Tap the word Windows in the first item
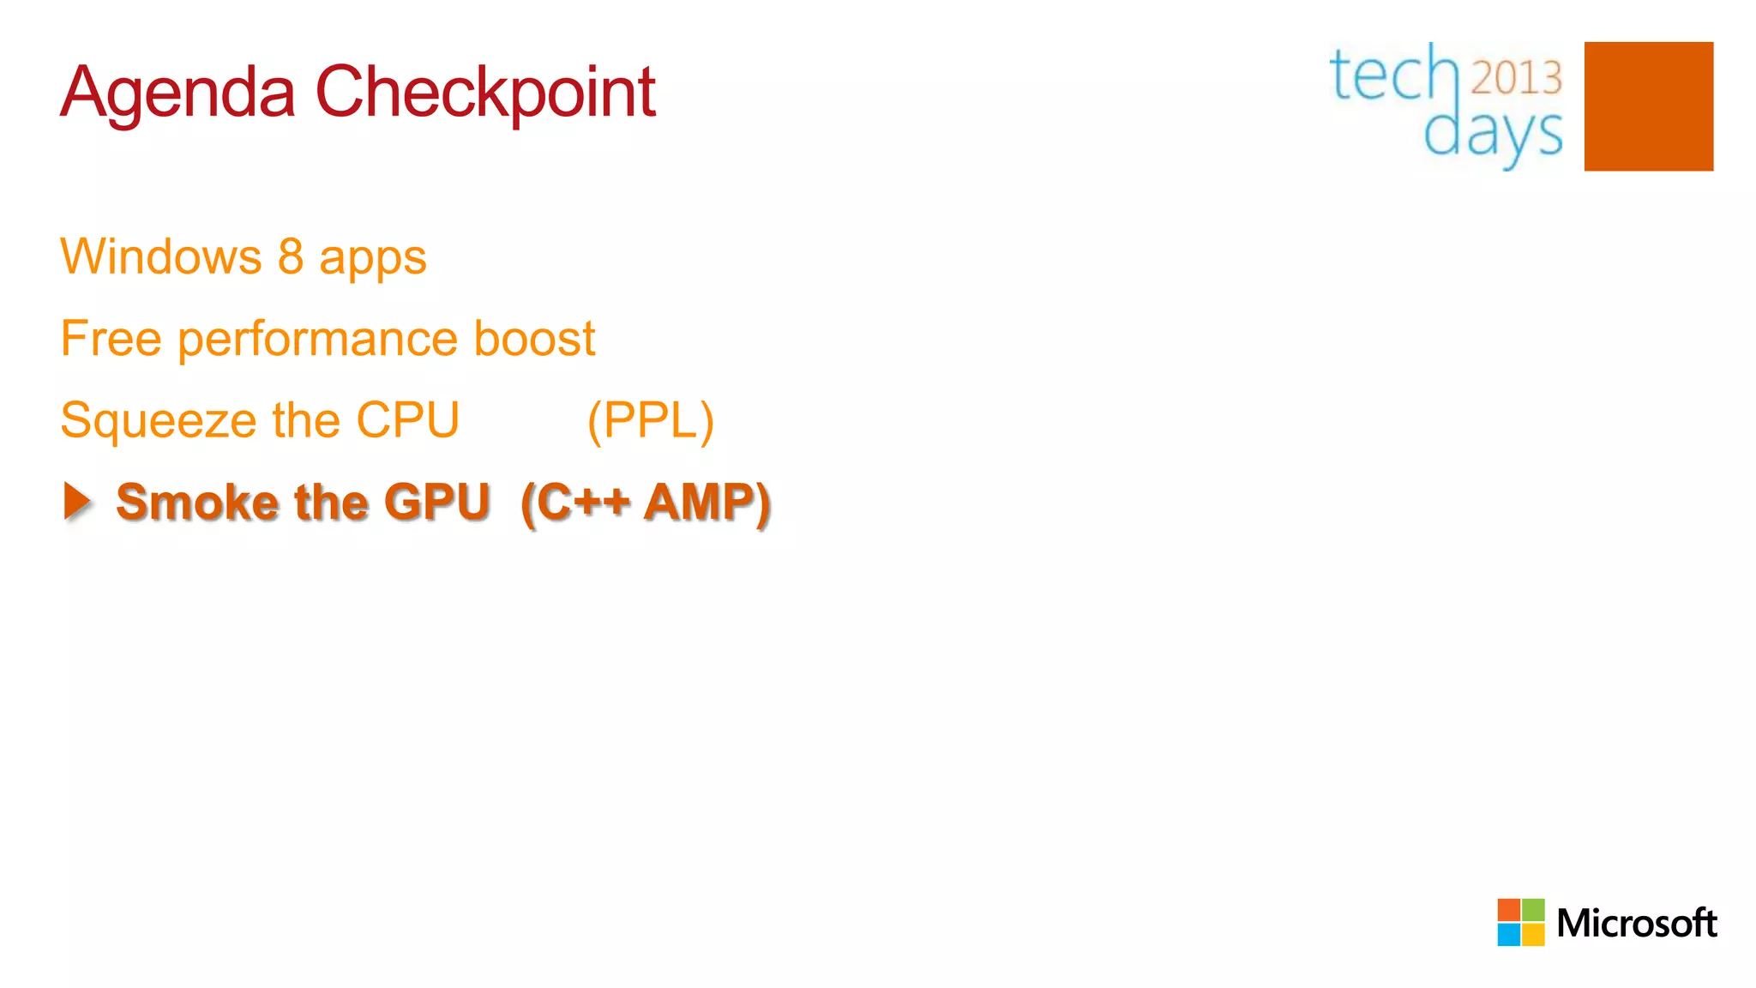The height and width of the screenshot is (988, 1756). click(161, 256)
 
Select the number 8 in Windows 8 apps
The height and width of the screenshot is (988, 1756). click(291, 256)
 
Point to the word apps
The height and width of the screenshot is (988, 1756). click(373, 259)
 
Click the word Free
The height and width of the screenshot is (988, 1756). click(111, 338)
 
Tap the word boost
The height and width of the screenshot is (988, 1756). click(534, 338)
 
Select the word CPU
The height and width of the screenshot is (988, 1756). click(408, 420)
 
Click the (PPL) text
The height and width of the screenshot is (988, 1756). click(651, 421)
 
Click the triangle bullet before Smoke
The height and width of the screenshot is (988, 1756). click(77, 501)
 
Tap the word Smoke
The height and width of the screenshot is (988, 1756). click(196, 502)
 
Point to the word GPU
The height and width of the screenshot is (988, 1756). click(437, 502)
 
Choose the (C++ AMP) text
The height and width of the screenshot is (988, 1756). click(646, 503)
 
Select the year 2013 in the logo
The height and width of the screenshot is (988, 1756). click(1516, 78)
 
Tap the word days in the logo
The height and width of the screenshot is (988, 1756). click(1493, 134)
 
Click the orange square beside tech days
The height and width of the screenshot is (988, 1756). click(1648, 106)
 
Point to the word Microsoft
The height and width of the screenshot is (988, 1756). click(1636, 924)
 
